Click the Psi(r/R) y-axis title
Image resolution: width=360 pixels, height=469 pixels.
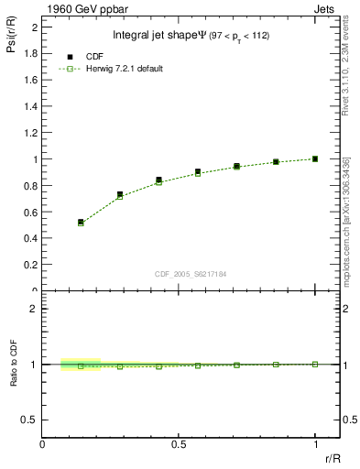[x=11, y=38]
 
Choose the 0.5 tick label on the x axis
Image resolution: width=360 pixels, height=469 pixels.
[x=178, y=445]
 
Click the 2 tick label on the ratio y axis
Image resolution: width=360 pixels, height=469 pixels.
[x=34, y=309]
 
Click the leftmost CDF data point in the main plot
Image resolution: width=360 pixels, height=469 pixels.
[x=81, y=222]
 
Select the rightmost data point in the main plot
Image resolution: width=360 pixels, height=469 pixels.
[x=315, y=158]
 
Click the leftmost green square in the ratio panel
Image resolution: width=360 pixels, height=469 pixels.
[x=81, y=365]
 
